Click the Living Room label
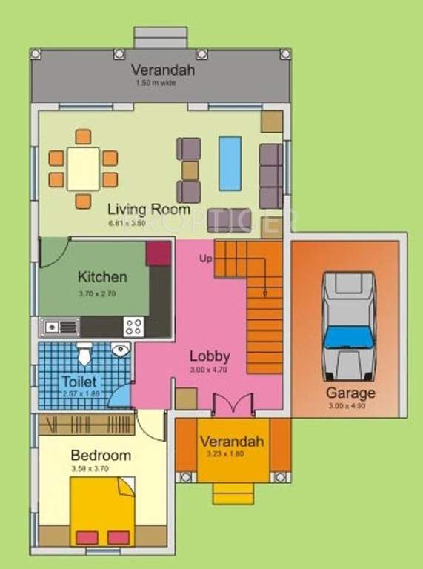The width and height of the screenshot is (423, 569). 149,208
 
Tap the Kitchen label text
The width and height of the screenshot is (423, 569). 102,277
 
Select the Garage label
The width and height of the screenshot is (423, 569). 350,393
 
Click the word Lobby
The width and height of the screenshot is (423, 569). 210,355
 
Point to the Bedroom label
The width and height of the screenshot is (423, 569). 101,455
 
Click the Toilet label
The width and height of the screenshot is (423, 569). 79,381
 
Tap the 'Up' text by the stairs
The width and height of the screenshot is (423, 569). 205,259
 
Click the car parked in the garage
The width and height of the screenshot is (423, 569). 348,326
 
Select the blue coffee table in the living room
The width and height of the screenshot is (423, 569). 230,163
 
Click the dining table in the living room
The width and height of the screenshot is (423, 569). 83,169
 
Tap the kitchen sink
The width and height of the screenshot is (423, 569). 60,326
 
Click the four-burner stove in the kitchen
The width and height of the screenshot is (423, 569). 134,326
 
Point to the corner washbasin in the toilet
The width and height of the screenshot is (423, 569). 120,350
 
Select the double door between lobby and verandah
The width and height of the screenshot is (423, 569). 227,405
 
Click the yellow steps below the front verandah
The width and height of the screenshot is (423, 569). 233,492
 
